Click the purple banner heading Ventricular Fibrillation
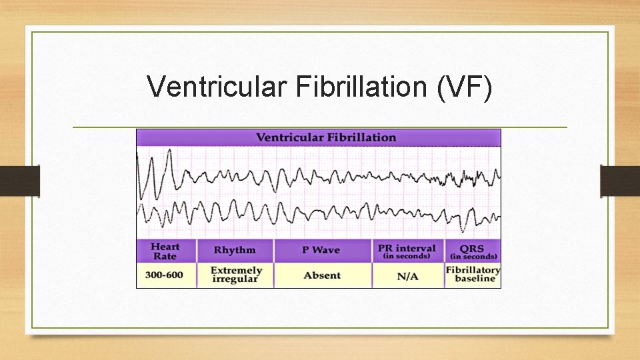(x=326, y=137)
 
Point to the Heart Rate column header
(x=165, y=251)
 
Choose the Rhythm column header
(x=235, y=250)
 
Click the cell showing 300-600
(x=165, y=275)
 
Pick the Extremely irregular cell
(x=236, y=275)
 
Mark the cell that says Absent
(x=322, y=275)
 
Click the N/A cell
(x=407, y=275)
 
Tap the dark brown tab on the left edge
(x=19, y=181)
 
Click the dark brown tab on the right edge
(x=620, y=181)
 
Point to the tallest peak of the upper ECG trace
(x=169, y=151)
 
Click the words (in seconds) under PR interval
(x=407, y=256)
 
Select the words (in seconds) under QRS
(x=473, y=257)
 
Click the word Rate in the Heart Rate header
(x=165, y=256)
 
